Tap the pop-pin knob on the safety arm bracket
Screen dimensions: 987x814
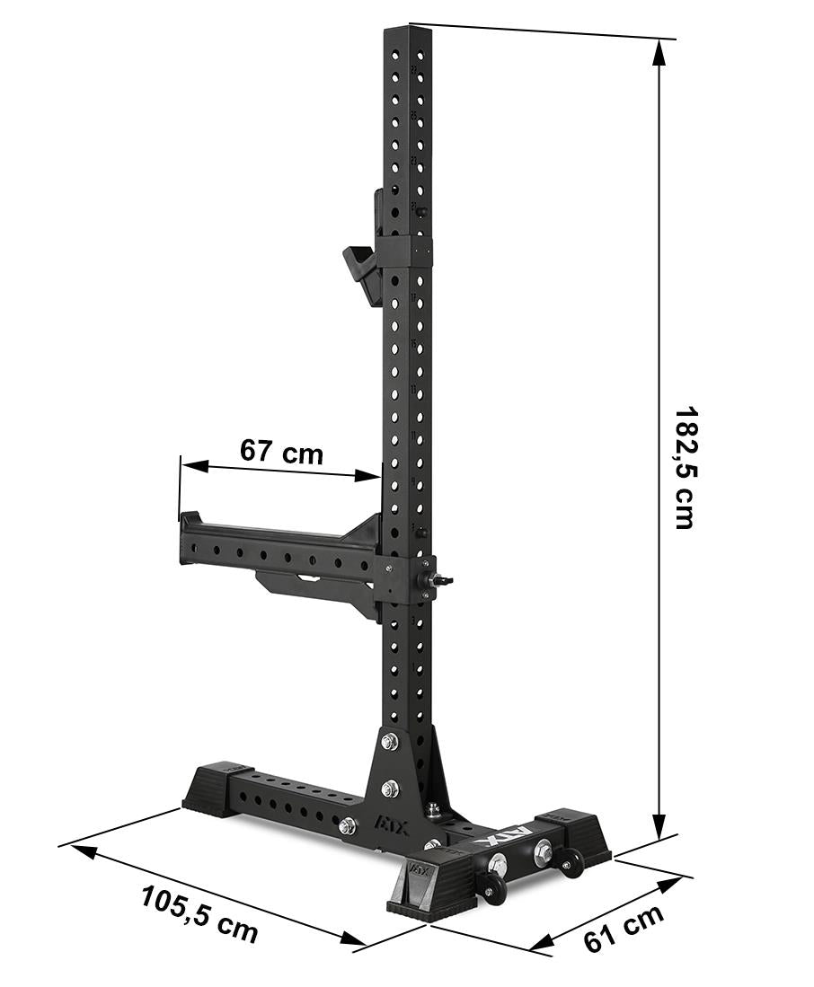[443, 581]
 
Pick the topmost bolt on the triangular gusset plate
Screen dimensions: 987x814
[389, 742]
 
